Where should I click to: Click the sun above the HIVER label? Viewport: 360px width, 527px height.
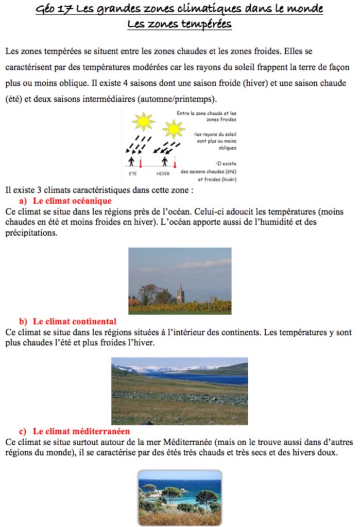[x=174, y=129]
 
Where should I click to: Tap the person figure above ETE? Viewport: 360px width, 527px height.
[x=132, y=162]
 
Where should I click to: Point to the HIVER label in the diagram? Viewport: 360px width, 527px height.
[x=163, y=174]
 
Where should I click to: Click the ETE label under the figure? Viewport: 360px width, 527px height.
[x=133, y=174]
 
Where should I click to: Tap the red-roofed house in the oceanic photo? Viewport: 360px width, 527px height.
[x=133, y=301]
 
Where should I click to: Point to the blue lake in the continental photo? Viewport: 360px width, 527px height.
[x=201, y=379]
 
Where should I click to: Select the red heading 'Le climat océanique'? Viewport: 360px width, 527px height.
[x=72, y=200]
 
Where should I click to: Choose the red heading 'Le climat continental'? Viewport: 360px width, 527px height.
[x=75, y=322]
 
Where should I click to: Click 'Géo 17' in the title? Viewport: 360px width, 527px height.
[x=55, y=10]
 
